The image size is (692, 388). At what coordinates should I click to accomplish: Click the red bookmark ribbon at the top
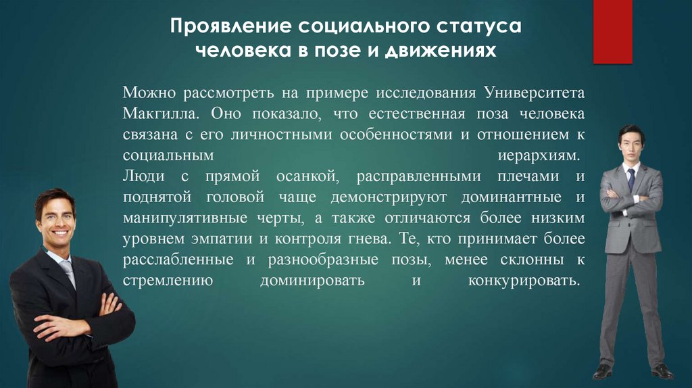click(612, 31)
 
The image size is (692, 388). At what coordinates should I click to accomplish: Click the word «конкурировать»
click(524, 281)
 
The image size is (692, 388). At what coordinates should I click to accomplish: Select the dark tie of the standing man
click(631, 179)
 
